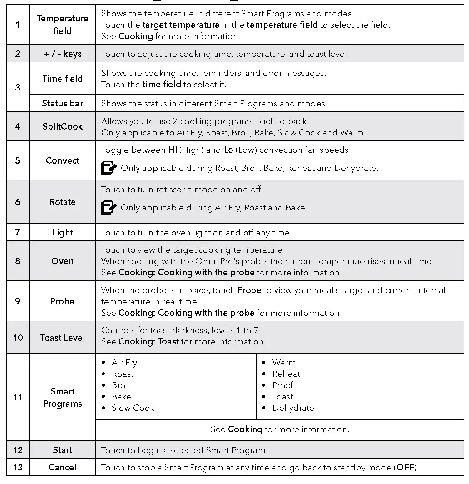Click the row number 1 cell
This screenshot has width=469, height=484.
click(x=18, y=25)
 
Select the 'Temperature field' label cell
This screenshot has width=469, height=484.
click(x=63, y=25)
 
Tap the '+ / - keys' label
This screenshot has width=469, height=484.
click(x=63, y=54)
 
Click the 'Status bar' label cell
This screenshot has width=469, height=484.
click(x=63, y=103)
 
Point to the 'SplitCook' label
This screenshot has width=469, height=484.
click(x=63, y=126)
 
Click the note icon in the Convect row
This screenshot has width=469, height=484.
click(x=109, y=168)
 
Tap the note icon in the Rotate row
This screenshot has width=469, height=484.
click(x=109, y=208)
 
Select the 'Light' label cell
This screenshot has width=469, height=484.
click(x=63, y=233)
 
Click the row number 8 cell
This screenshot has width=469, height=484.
click(x=18, y=261)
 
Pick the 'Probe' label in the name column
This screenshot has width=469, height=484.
click(x=63, y=301)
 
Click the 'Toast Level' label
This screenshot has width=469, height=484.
click(x=63, y=338)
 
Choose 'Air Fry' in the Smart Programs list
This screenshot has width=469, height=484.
click(x=124, y=363)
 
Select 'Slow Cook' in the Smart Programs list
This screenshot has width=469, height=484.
click(x=133, y=408)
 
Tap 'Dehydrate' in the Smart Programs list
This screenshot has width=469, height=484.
click(x=293, y=408)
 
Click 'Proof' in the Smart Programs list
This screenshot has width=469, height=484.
click(x=283, y=385)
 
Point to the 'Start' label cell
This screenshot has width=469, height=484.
click(x=63, y=450)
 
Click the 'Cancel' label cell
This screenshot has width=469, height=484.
click(x=63, y=467)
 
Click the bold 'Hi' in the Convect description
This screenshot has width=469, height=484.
click(x=173, y=150)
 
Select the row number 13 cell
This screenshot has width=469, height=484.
click(x=18, y=467)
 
